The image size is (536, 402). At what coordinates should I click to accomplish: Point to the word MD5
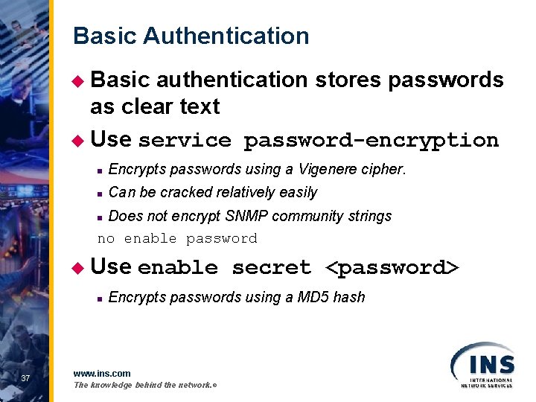click(313, 297)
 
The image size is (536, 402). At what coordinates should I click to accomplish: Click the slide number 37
click(25, 379)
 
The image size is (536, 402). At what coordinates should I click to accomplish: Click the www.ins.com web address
click(102, 373)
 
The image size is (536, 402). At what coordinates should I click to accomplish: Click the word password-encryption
click(371, 140)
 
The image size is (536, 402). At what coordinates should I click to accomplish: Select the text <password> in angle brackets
click(393, 267)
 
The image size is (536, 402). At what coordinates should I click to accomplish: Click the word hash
click(349, 297)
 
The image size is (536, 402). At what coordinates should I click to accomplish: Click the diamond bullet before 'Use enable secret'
click(81, 266)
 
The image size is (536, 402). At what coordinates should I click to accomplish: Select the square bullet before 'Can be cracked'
click(99, 194)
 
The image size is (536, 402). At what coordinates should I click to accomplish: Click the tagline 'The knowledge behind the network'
click(144, 385)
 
